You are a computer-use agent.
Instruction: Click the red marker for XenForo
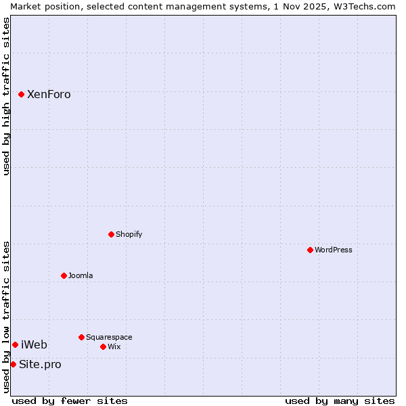[21, 94]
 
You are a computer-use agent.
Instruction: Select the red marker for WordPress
[310, 250]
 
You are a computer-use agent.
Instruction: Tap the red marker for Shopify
[111, 234]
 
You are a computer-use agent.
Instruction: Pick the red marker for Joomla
[64, 275]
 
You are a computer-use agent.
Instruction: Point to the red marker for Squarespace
[81, 337]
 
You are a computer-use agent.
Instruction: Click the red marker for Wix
[103, 346]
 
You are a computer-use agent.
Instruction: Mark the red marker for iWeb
[15, 344]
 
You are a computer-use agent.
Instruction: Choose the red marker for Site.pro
[13, 364]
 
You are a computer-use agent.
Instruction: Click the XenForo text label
[49, 94]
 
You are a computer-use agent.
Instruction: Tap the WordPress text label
[334, 250]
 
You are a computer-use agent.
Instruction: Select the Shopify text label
[129, 234]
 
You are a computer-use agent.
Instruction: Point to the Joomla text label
[81, 275]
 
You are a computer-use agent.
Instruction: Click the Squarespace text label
[109, 337]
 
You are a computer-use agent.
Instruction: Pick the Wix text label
[114, 346]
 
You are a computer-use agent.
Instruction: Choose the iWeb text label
[34, 344]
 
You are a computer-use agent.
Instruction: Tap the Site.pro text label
[40, 364]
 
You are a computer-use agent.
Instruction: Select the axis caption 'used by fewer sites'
[70, 401]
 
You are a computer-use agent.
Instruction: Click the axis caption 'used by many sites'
[340, 401]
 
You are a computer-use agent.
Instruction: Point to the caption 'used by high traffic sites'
[6, 96]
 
